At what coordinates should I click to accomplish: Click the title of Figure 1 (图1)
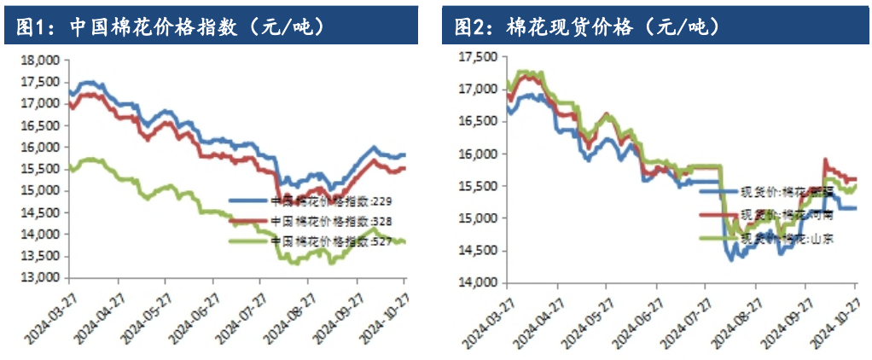tap(171, 27)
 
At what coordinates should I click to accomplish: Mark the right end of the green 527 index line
tap(404, 242)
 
